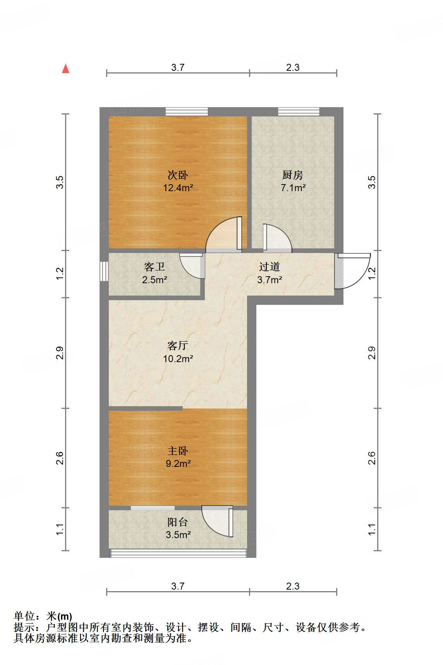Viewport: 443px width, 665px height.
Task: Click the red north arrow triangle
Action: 66,69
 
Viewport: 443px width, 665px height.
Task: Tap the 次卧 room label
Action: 178,175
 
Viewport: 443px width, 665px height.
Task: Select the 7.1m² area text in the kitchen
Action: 293,188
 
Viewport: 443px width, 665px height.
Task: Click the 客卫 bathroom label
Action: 155,267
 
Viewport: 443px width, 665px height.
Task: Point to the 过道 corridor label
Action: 270,267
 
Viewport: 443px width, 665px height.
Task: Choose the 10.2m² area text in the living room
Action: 178,359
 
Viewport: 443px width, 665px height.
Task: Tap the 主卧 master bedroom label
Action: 178,451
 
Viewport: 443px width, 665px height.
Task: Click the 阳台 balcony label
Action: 178,522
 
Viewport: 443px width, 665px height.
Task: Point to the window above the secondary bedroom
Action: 187,112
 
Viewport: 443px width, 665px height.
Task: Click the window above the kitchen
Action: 299,112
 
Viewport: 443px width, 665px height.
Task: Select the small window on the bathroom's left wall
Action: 104,271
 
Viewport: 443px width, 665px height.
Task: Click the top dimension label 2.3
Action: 293,67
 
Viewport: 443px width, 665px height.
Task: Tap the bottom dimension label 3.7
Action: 178,586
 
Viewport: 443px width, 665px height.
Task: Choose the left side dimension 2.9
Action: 60,353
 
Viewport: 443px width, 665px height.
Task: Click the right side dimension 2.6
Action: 371,458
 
